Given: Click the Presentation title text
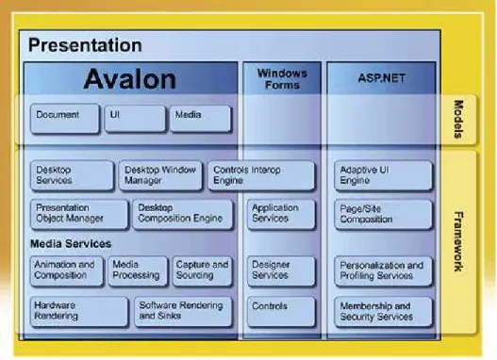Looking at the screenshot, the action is coord(85,45).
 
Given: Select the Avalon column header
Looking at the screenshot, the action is coord(130,78).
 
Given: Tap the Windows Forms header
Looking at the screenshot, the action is coord(282,78).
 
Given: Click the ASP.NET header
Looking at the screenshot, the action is coord(381,78).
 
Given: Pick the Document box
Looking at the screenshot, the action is coord(65,119).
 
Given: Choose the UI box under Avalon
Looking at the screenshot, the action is coord(135,119).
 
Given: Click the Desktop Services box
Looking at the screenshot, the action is coord(73,175).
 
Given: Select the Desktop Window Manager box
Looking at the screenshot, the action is coord(160,175).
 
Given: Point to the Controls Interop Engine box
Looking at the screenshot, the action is coord(261,175).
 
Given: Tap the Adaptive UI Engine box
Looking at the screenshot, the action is coord(383,176).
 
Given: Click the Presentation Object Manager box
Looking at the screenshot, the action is coord(79,214).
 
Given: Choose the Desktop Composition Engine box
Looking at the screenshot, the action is coord(183,214).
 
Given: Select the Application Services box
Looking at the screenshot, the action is coord(281,214).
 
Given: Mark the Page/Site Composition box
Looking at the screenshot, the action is coord(383,214).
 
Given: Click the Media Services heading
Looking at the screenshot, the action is coord(71,244).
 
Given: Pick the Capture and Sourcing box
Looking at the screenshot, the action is coord(203,271).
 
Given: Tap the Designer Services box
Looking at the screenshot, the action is coord(281,271).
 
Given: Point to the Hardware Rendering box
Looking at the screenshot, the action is coord(79,312).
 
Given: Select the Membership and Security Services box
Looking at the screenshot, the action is coord(383,312).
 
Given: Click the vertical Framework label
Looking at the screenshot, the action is coord(458,241).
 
